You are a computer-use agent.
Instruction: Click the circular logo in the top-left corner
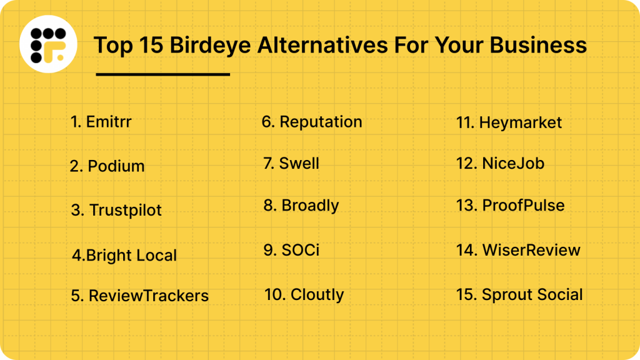pyautogui.click(x=48, y=44)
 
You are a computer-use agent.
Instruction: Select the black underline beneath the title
pyautogui.click(x=162, y=74)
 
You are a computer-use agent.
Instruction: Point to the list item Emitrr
pyautogui.click(x=101, y=121)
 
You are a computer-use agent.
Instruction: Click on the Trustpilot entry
pyautogui.click(x=116, y=211)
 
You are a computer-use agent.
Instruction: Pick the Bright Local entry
pyautogui.click(x=124, y=256)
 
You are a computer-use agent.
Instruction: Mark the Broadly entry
pyautogui.click(x=301, y=206)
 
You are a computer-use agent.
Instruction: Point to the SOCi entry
pyautogui.click(x=291, y=250)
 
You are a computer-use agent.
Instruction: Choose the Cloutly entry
pyautogui.click(x=304, y=294)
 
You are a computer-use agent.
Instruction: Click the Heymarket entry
pyautogui.click(x=509, y=123)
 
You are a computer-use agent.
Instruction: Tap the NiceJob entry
pyautogui.click(x=500, y=164)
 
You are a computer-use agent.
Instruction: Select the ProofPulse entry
pyautogui.click(x=510, y=206)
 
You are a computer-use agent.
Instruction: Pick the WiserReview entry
pyautogui.click(x=518, y=251)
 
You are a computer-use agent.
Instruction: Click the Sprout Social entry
pyautogui.click(x=519, y=295)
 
